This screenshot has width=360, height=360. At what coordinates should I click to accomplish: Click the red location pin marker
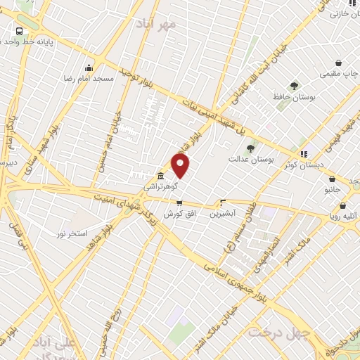coord(181,166)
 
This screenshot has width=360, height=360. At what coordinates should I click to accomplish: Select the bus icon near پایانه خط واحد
coord(19,32)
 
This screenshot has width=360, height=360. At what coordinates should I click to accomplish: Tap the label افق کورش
coord(179,213)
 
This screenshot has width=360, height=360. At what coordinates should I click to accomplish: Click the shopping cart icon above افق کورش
coord(179,202)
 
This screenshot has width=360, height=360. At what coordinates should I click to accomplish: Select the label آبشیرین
coord(223,212)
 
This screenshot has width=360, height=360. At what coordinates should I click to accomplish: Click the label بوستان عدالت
coord(250,160)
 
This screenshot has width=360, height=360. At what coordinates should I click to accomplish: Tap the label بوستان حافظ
coord(294,97)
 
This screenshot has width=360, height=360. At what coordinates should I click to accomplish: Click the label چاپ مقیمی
coord(338,73)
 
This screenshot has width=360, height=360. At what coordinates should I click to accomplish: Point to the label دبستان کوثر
coord(301,165)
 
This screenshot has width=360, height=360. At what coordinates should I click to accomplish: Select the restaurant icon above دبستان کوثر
coord(304,154)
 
